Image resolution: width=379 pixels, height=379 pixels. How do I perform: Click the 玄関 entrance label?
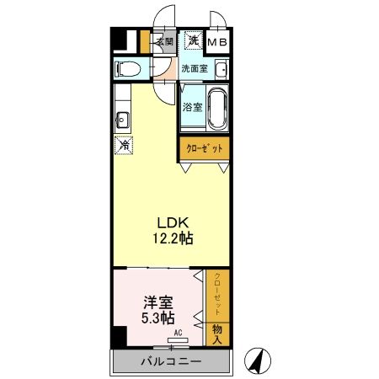[164, 40]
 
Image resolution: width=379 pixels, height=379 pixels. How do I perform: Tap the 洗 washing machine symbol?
[193, 40]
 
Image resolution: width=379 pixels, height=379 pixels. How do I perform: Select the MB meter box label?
[218, 41]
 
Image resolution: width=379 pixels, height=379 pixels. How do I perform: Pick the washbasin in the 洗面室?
[221, 69]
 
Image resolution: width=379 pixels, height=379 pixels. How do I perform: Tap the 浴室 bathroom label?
[193, 107]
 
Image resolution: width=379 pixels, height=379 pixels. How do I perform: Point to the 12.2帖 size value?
[172, 239]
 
